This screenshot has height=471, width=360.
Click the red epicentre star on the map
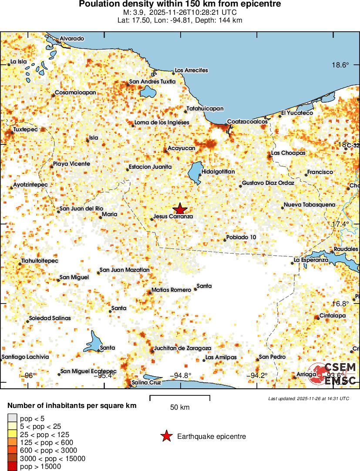point(180,209)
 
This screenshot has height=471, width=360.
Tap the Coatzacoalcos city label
point(247,122)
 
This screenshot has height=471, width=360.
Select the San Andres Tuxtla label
point(152,82)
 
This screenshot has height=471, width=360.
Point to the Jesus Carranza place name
point(173,216)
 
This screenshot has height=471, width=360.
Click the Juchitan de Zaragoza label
point(183,348)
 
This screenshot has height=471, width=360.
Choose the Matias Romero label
point(171,290)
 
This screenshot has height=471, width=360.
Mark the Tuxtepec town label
point(25,130)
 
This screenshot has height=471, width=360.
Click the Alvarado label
point(72,39)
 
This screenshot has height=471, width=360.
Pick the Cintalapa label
point(333,315)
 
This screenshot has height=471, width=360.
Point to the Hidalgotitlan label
point(218,172)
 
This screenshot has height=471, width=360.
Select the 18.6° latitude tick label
point(340,65)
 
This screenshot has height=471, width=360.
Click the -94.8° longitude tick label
point(180,376)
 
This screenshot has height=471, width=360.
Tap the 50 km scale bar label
point(180,408)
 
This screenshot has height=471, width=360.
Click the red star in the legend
point(166,436)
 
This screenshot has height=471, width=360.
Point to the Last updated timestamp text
point(308,398)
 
